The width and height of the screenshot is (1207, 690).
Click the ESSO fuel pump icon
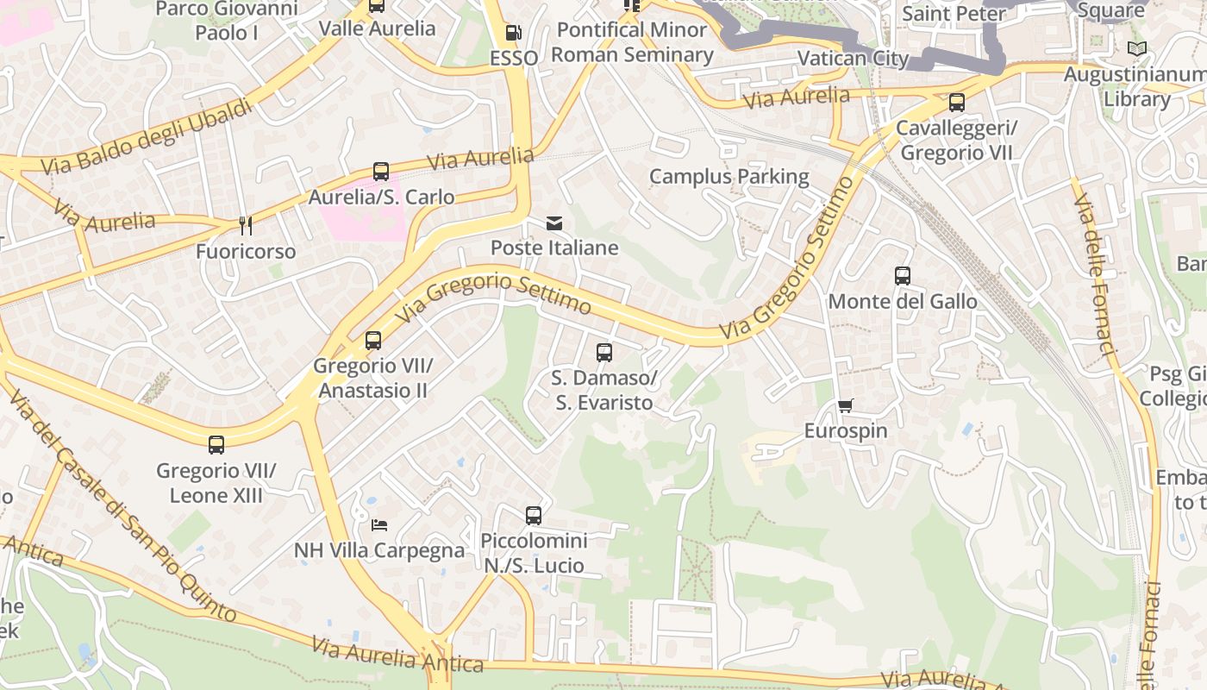[513, 33]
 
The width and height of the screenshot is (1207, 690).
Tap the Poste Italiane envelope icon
[554, 223]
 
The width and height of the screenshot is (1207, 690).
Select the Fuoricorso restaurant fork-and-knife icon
[246, 226]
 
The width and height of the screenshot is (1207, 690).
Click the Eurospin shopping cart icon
[845, 405]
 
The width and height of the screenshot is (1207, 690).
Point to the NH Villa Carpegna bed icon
[379, 524]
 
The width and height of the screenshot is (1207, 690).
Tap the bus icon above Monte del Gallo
[903, 276]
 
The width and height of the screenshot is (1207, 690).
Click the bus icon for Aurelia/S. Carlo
[381, 172]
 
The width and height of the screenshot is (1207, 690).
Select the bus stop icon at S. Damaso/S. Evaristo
[604, 352]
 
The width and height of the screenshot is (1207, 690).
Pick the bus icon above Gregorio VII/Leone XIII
[216, 445]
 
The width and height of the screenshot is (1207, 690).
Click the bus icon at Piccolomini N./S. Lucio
[534, 516]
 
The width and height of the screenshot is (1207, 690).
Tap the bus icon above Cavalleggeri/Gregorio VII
[957, 103]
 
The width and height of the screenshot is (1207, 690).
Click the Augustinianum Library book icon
[1137, 49]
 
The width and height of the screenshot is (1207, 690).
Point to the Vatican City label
[853, 59]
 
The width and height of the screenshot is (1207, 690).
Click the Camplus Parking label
[729, 177]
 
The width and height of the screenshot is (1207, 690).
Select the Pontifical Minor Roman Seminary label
[632, 42]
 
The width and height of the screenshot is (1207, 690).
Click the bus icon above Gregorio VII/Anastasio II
[373, 341]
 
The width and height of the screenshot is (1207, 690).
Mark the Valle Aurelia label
[378, 28]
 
